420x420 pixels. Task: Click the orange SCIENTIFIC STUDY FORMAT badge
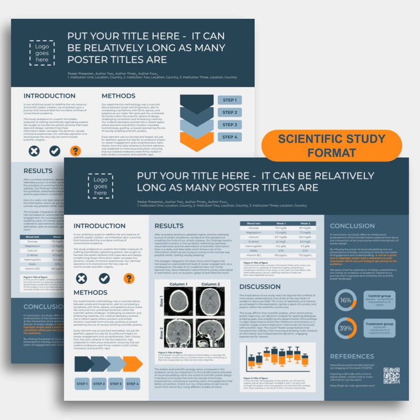tap(331, 146)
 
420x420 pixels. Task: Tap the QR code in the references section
tap(392, 375)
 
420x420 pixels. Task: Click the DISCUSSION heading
tap(260, 287)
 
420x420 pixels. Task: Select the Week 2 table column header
tap(305, 224)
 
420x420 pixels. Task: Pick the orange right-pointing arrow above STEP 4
tap(132, 363)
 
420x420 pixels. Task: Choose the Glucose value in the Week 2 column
tap(305, 228)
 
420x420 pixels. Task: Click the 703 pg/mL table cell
tap(305, 255)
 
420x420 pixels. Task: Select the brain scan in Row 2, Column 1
tap(179, 334)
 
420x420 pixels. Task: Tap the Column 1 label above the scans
tap(179, 283)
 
